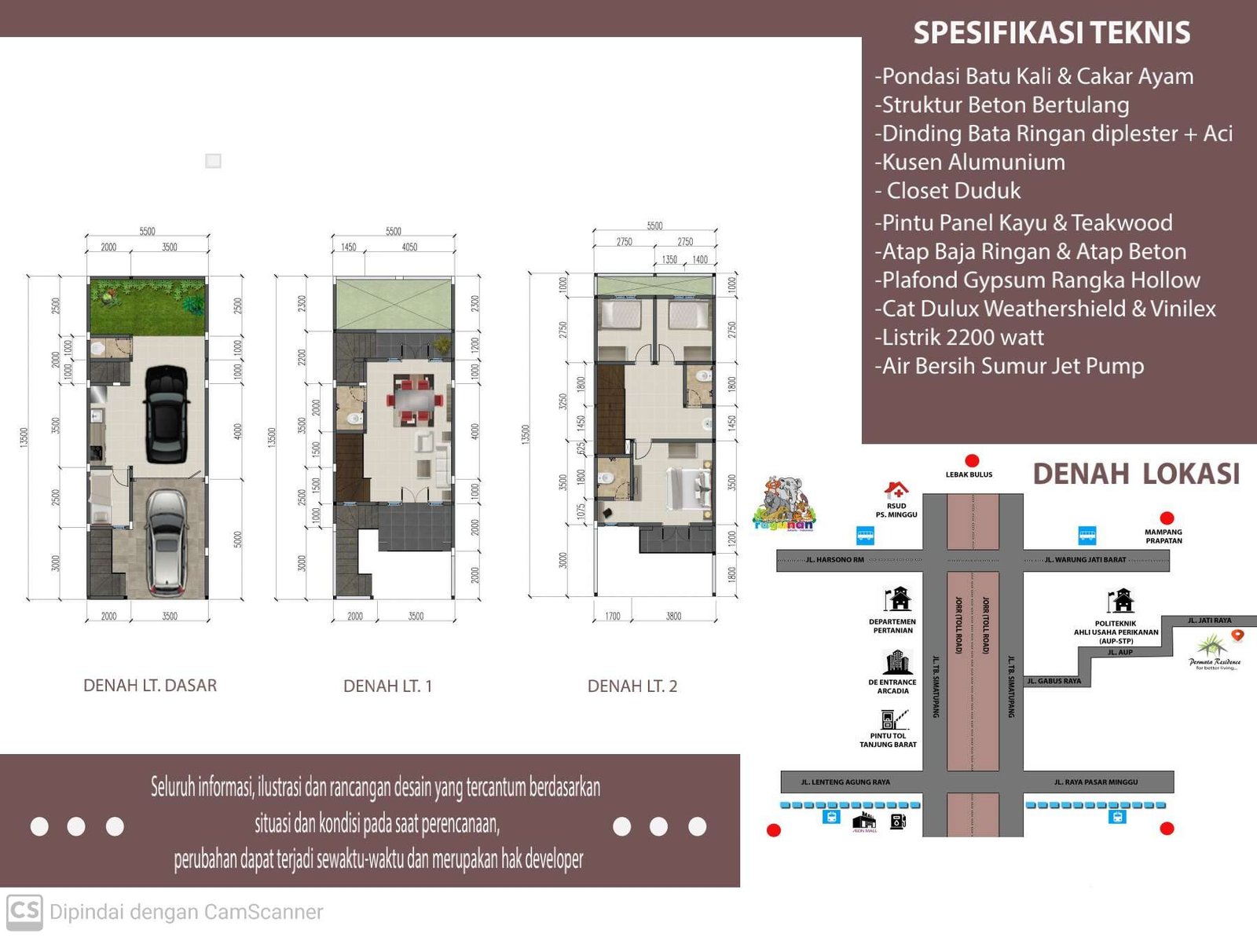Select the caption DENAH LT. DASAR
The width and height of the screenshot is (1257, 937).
(150, 686)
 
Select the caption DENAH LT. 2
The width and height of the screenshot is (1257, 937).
(632, 686)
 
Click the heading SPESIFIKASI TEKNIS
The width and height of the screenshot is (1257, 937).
(1051, 33)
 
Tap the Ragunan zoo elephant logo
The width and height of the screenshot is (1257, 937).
(784, 503)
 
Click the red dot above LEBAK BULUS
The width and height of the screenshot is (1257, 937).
(972, 461)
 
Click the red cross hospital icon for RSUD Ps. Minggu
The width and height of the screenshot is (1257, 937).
(896, 491)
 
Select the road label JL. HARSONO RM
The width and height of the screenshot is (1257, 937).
(834, 560)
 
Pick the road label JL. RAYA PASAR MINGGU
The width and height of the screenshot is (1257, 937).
(1096, 782)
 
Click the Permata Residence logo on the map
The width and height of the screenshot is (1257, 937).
(1214, 650)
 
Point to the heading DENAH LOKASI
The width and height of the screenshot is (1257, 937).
(1135, 474)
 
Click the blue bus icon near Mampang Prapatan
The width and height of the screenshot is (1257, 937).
(1087, 536)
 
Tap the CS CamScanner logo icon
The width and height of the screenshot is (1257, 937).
(24, 912)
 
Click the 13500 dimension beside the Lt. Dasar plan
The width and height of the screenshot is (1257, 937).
(24, 438)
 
